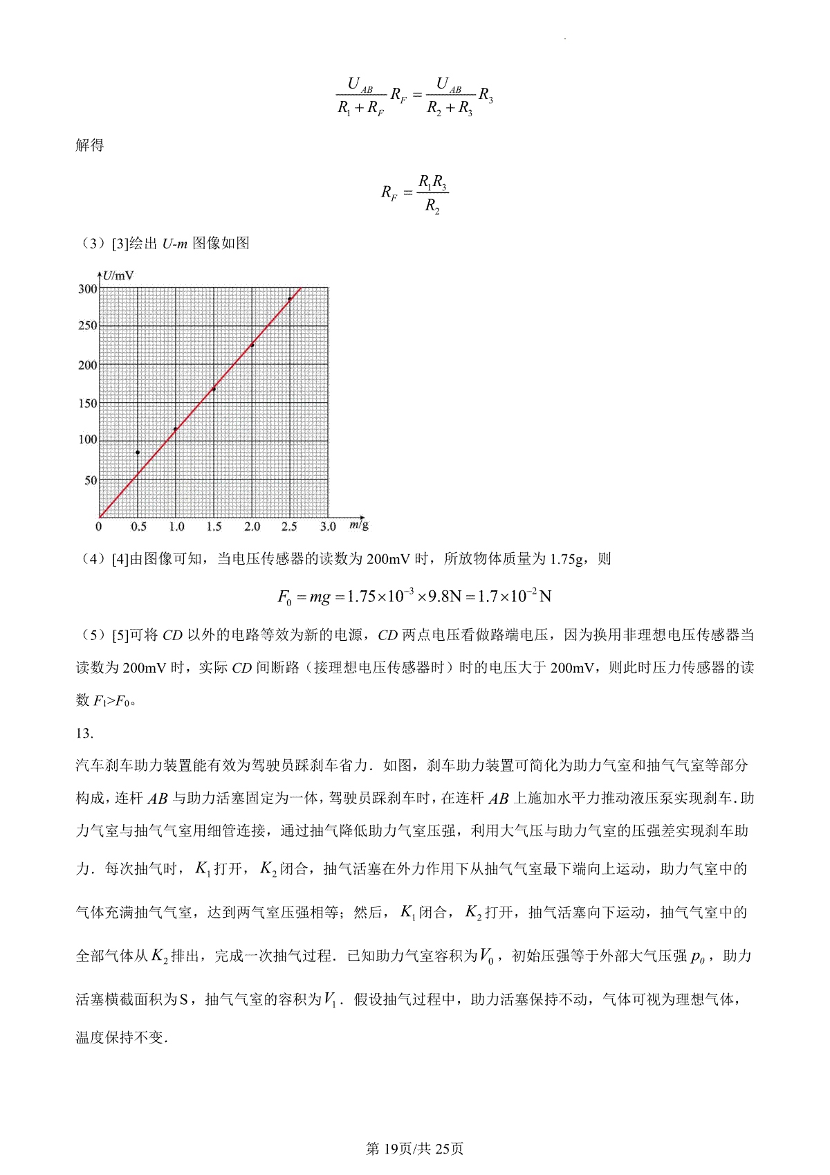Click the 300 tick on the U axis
88,289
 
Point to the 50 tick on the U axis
91,480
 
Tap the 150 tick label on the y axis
88,403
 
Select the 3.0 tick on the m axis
328,527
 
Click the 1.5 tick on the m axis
214,527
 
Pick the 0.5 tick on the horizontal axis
138,527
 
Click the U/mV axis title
118,275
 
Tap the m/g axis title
359,525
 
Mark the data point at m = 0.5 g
138,453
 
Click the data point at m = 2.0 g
252,345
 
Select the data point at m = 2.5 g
290,300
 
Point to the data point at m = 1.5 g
214,389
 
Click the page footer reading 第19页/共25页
414,1149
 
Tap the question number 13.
84,734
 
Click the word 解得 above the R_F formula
90,145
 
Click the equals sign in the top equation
417,95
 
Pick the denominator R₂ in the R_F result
432,206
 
